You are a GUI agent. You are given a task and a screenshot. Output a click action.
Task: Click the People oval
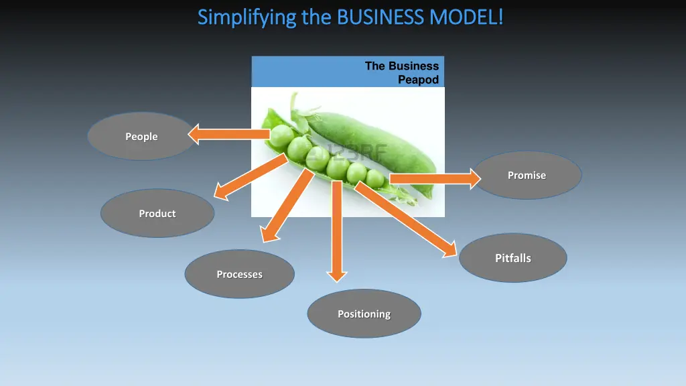point(141,136)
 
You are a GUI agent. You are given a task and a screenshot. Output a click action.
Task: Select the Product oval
point(157,213)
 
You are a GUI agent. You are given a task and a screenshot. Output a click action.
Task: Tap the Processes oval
point(239,274)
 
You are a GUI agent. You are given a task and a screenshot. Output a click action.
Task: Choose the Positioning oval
point(364,314)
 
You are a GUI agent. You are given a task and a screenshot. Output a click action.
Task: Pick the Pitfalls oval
point(512,258)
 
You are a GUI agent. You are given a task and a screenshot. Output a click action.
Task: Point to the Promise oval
point(527,175)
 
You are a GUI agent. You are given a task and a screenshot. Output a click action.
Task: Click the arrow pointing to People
point(228,135)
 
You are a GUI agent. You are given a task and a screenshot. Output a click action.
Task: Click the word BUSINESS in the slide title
point(381,16)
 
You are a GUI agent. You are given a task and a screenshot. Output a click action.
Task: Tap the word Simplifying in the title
point(247,17)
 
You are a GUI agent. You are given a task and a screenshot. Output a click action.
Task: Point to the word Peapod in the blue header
point(419,80)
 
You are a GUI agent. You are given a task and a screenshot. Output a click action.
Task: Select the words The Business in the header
point(402,66)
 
